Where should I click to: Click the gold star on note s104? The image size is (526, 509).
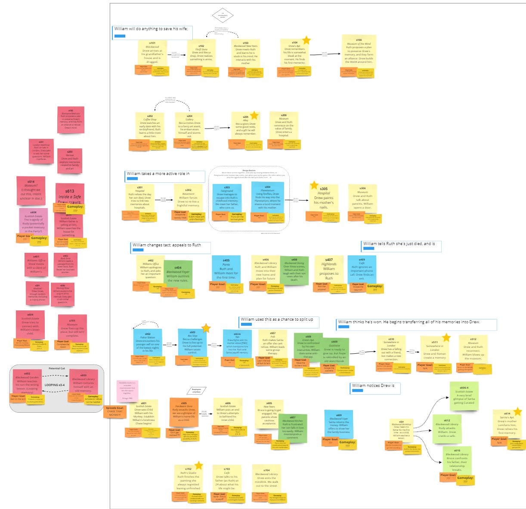[x=306, y=40]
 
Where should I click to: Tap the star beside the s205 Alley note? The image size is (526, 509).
[x=254, y=115]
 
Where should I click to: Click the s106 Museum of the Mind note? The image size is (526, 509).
[x=359, y=53]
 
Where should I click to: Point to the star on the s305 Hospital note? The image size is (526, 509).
[x=314, y=185]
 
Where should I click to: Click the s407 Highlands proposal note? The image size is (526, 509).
[x=329, y=269]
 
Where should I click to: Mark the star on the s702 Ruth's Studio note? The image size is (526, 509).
[x=198, y=465]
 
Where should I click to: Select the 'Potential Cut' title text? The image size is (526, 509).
[x=56, y=368]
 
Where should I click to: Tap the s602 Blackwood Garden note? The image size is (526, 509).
[x=27, y=382]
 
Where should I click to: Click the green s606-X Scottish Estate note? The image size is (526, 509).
[x=464, y=396]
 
